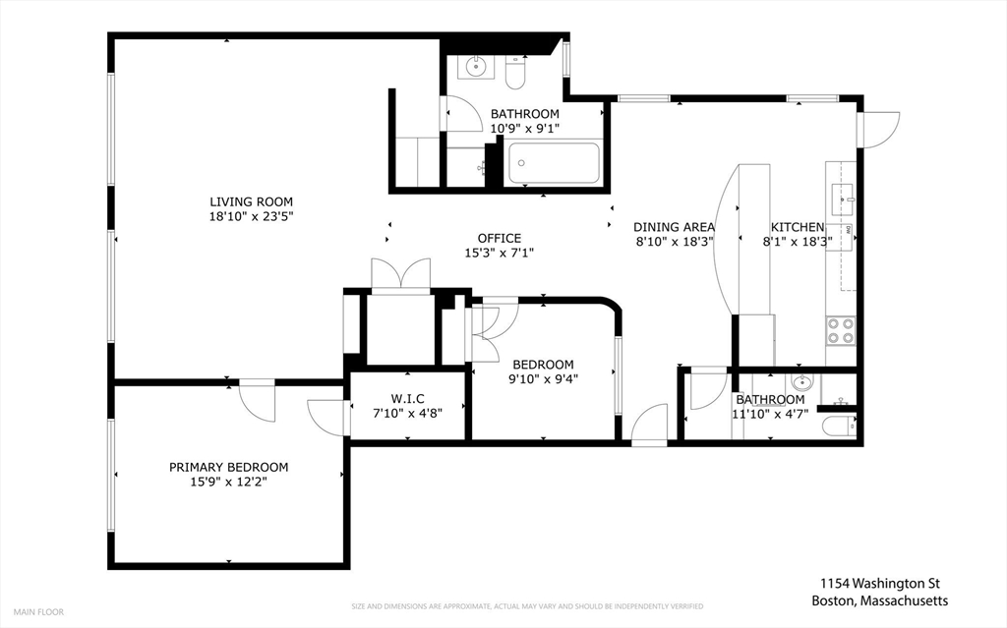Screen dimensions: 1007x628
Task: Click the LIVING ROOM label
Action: click(x=251, y=201)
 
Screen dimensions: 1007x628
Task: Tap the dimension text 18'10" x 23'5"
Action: click(x=251, y=217)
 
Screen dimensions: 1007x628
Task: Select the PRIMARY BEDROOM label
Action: click(x=228, y=468)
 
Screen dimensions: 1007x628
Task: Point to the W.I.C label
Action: click(x=407, y=399)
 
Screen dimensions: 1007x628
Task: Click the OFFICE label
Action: click(x=499, y=238)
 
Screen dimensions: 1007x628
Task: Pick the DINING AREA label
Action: click(x=674, y=227)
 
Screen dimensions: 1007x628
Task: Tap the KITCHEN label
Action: click(x=797, y=227)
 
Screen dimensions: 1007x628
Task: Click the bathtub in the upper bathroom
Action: click(x=555, y=163)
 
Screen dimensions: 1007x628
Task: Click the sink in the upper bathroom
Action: click(x=476, y=66)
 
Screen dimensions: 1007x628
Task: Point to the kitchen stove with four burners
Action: click(x=841, y=330)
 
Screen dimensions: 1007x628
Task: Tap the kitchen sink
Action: click(x=842, y=200)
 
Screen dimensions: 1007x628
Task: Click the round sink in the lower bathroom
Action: click(x=801, y=383)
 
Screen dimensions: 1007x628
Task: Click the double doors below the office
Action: click(x=401, y=276)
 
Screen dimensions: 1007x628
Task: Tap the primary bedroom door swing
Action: click(x=258, y=401)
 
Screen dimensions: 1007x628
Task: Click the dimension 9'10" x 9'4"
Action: click(x=543, y=379)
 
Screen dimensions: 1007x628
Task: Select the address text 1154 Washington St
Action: click(x=880, y=583)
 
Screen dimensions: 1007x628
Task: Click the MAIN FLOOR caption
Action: click(x=38, y=612)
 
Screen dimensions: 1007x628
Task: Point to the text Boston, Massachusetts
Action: click(x=880, y=601)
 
